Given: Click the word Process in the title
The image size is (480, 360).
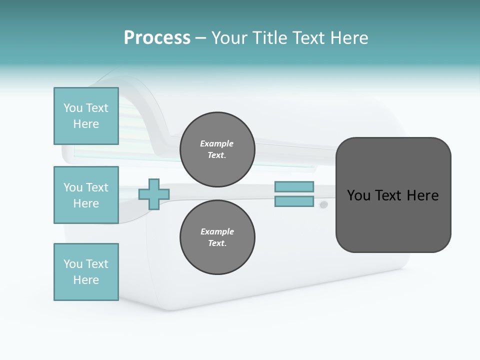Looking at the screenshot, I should [x=157, y=38].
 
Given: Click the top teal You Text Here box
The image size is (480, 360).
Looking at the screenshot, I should [x=86, y=116].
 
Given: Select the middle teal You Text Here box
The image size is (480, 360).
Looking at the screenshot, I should [x=86, y=195].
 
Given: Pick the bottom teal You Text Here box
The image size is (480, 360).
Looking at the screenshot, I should [x=86, y=272].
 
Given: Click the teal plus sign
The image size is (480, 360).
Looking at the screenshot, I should [x=154, y=194].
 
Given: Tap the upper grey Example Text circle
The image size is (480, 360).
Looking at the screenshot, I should [x=217, y=149].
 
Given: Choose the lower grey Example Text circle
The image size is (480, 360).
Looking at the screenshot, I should [x=217, y=237].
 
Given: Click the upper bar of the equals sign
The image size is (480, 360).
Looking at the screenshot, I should [x=294, y=186].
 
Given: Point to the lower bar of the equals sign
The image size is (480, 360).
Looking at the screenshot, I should [x=294, y=201].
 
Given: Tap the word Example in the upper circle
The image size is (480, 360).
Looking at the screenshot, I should [x=217, y=144].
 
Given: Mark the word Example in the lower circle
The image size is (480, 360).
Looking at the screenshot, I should [x=217, y=232].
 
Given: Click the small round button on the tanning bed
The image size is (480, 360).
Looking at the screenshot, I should [x=323, y=204].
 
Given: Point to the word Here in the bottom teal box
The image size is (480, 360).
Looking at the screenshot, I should [x=86, y=280].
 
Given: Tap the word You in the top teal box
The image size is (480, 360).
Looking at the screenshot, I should [x=73, y=108].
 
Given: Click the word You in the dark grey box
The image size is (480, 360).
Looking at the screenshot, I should [x=358, y=195].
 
